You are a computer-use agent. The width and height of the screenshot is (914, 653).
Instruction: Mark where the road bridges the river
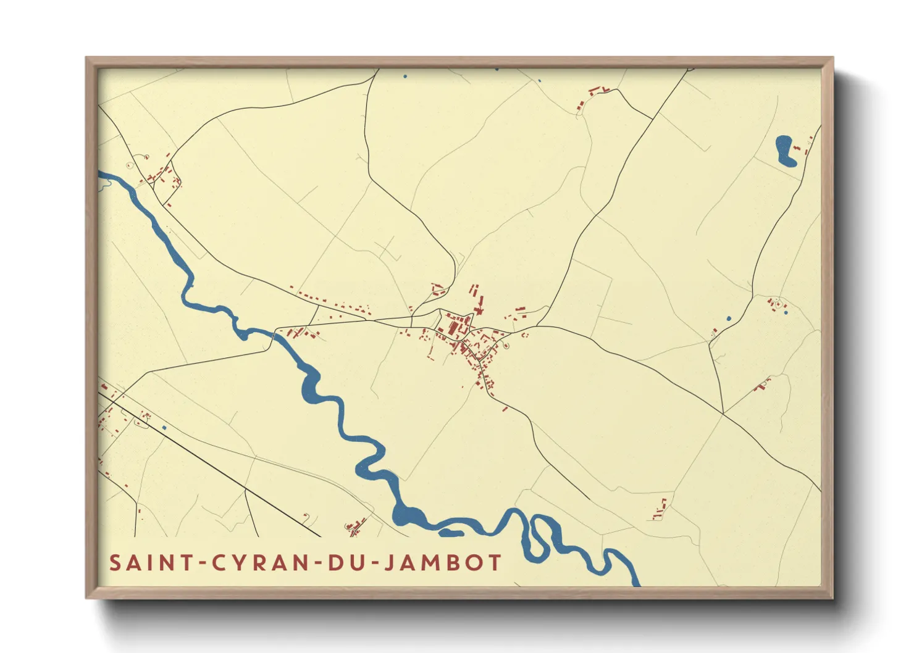pyautogui.click(x=274, y=334)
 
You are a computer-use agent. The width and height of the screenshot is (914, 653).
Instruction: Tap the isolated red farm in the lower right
pyautogui.click(x=660, y=510)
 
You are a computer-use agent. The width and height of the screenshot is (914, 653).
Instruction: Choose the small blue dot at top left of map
pyautogui.click(x=405, y=77)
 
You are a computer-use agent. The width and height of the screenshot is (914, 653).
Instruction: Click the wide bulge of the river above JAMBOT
pyautogui.click(x=408, y=515)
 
